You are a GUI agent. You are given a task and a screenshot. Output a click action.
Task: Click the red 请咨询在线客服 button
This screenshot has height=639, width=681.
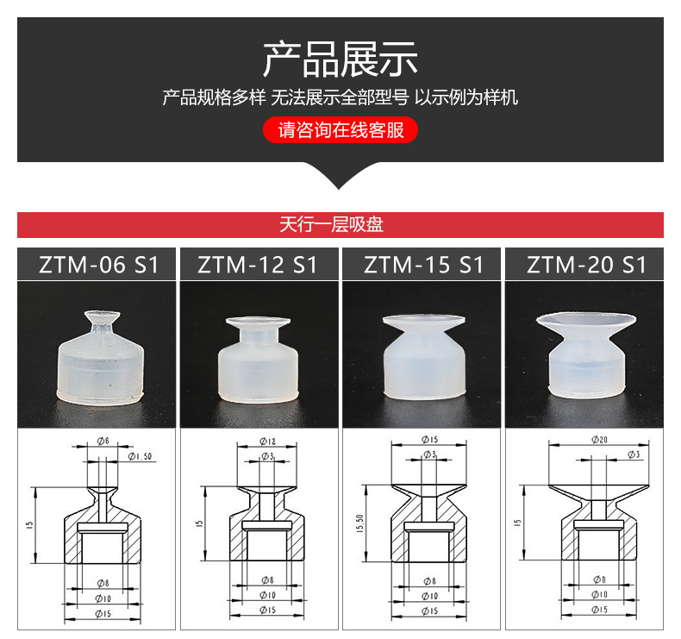340,130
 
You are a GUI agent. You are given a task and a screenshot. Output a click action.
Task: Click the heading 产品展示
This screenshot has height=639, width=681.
340,59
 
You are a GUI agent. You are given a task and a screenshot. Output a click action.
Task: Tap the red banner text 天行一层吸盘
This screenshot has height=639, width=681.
340,225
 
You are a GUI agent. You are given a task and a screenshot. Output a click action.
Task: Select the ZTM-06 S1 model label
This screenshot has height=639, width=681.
97,264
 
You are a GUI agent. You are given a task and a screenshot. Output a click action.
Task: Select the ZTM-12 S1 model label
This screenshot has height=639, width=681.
259,264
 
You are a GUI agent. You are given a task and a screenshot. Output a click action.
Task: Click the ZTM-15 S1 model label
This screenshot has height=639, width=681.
422,264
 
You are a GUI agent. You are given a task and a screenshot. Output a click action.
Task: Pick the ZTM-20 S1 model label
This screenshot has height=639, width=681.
586,264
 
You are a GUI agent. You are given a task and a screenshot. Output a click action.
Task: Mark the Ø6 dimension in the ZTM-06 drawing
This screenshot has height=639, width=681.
102,441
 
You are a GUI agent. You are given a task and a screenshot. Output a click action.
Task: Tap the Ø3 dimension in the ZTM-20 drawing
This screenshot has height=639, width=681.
633,454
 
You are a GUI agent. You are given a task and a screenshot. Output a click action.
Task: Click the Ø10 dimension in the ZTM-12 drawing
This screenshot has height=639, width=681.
266,596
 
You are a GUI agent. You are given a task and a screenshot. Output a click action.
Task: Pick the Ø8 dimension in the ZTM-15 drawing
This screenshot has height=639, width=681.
428,582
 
